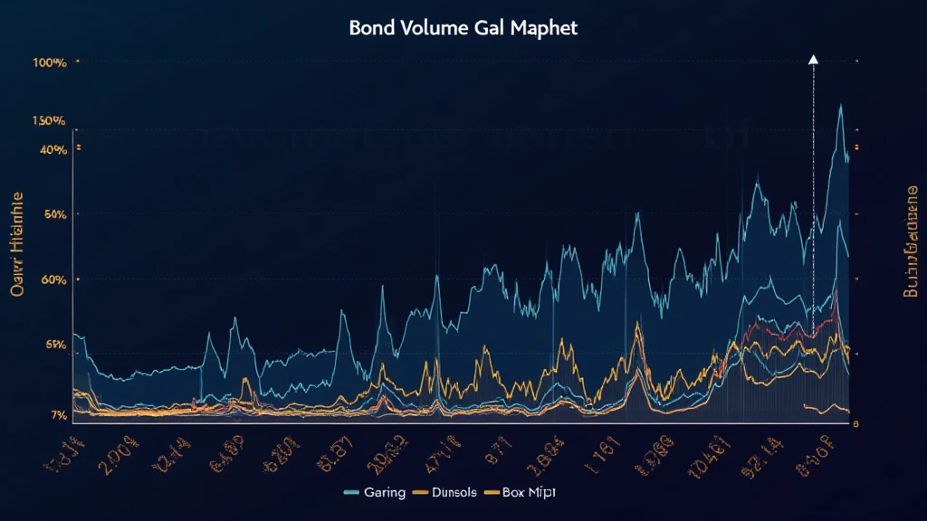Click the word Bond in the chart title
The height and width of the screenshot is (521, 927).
click(370, 27)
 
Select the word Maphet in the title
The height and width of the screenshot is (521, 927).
click(544, 28)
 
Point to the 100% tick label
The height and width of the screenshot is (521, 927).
click(49, 63)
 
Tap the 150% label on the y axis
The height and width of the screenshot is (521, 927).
click(49, 120)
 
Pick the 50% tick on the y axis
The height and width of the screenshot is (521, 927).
click(53, 214)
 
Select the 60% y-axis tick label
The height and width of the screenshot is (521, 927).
click(53, 279)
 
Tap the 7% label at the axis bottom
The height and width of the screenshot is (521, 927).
click(57, 415)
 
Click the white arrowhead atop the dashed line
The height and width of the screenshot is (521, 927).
click(813, 60)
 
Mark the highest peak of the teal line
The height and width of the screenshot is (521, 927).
click(842, 106)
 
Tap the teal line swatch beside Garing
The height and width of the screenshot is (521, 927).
click(354, 493)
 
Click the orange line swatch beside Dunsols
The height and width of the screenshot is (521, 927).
click(420, 493)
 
